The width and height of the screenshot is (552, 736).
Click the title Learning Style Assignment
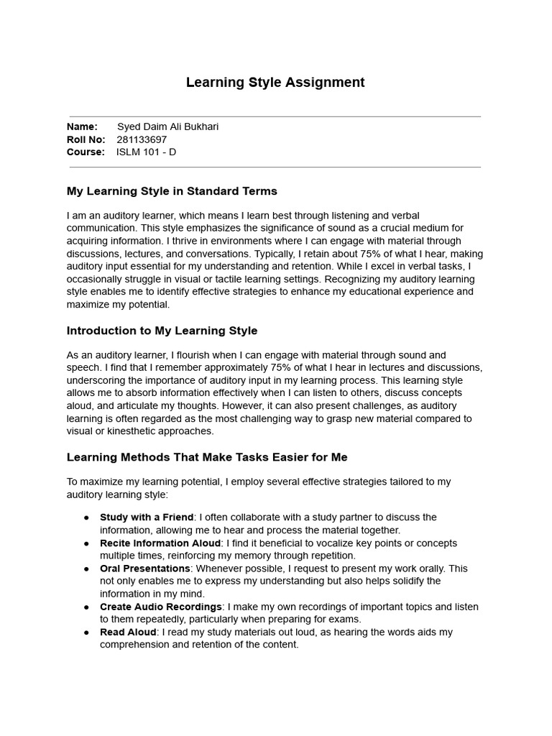pyautogui.click(x=275, y=83)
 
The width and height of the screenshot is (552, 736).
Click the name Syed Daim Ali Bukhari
pyautogui.click(x=167, y=127)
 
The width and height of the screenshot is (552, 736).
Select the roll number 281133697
pyautogui.click(x=142, y=139)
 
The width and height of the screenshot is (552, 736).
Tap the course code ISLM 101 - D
pyautogui.click(x=146, y=152)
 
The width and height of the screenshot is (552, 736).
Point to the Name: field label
pyautogui.click(x=82, y=127)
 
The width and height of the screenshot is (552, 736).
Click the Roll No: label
pyautogui.click(x=86, y=139)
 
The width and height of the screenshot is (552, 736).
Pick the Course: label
pyautogui.click(x=86, y=152)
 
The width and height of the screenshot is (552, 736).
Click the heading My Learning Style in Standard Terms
pyautogui.click(x=172, y=191)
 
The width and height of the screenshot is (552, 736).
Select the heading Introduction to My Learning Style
pyautogui.click(x=162, y=331)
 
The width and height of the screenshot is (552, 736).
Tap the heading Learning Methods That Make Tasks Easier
pyautogui.click(x=207, y=457)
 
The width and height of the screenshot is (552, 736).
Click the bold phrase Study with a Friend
pyautogui.click(x=147, y=517)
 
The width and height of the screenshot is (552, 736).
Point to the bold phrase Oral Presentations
pyautogui.click(x=144, y=569)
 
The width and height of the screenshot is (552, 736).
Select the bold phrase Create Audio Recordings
pyautogui.click(x=161, y=607)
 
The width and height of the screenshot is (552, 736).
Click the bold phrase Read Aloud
pyautogui.click(x=128, y=632)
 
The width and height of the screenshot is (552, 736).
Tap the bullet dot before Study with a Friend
pyautogui.click(x=87, y=517)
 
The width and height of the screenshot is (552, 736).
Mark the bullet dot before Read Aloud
pyautogui.click(x=87, y=632)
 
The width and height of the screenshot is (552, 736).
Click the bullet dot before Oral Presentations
pyautogui.click(x=87, y=569)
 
